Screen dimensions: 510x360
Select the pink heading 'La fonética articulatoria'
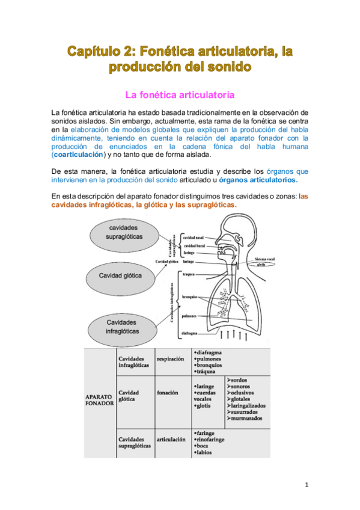pos(178,95)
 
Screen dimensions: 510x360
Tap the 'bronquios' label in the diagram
pos(192,296)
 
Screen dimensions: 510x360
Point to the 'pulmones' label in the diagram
pos(192,315)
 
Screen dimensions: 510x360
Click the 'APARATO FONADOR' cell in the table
pos(99,399)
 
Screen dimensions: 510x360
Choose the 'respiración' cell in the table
pos(170,359)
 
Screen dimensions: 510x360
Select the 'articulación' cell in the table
pos(171,440)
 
